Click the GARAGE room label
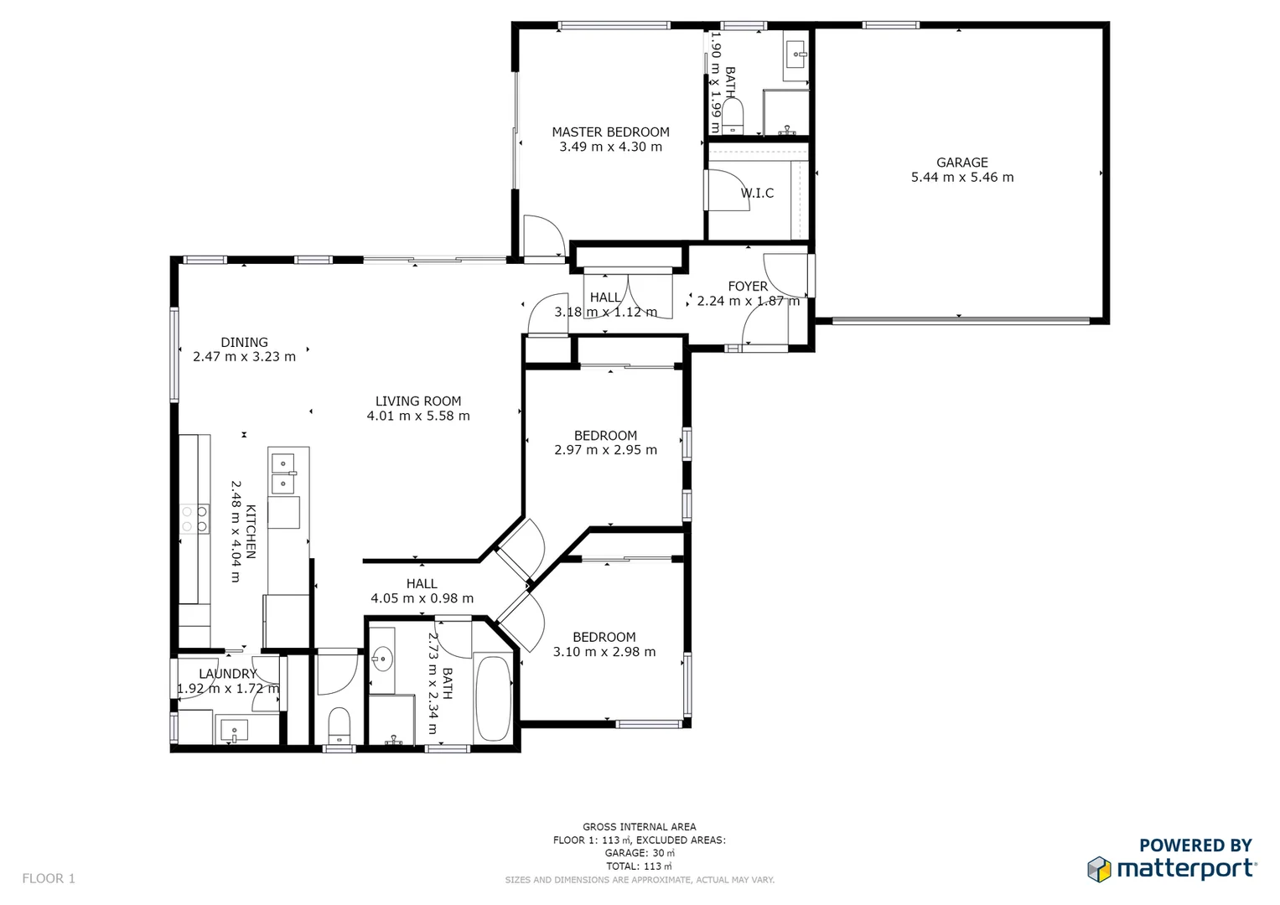pyautogui.click(x=961, y=163)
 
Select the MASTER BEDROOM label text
pyautogui.click(x=610, y=132)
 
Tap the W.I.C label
pyautogui.click(x=757, y=194)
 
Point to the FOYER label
pyautogui.click(x=748, y=287)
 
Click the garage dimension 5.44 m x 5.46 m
pyautogui.click(x=961, y=178)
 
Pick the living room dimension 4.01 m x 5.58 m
pyautogui.click(x=417, y=416)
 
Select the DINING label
pyautogui.click(x=244, y=343)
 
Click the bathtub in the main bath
pyautogui.click(x=493, y=698)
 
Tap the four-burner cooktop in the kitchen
pyautogui.click(x=194, y=519)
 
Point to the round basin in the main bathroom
pyautogui.click(x=382, y=659)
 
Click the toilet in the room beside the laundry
pyautogui.click(x=339, y=725)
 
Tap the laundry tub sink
pyautogui.click(x=234, y=730)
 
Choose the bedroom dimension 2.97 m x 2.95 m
pyautogui.click(x=605, y=450)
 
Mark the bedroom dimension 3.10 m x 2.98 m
pyautogui.click(x=604, y=652)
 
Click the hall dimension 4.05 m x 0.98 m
pyautogui.click(x=422, y=598)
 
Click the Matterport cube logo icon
pyautogui.click(x=1099, y=869)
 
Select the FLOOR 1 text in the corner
pyautogui.click(x=49, y=878)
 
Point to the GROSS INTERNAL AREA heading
pyautogui.click(x=639, y=827)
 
